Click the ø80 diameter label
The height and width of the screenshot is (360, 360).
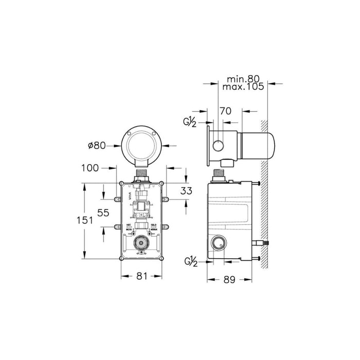pyautogui.click(x=96, y=146)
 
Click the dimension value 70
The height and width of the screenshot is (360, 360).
pyautogui.click(x=225, y=111)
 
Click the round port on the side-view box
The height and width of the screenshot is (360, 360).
pyautogui.click(x=219, y=242)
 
